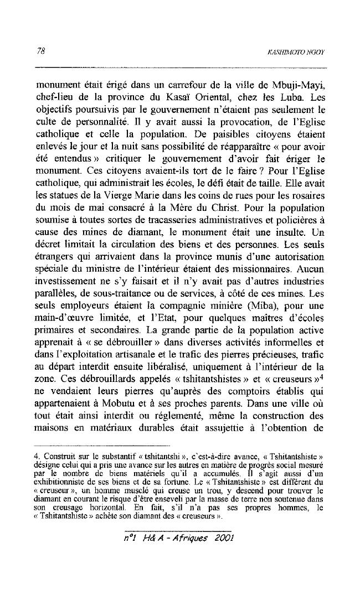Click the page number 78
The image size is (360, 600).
(x=40, y=51)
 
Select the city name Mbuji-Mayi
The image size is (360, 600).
(x=299, y=86)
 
